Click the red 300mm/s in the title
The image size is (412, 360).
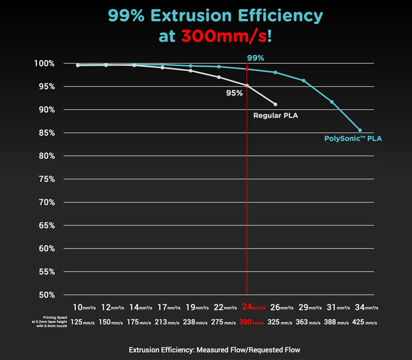(224, 36)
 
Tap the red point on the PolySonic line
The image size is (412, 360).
(247, 69)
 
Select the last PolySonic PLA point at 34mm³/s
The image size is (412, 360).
(360, 130)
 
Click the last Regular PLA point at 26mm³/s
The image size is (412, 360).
(275, 104)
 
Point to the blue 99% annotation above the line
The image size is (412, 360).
(255, 58)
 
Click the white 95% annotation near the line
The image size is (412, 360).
(235, 93)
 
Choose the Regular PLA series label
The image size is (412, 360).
(276, 116)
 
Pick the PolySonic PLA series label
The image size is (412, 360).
(353, 138)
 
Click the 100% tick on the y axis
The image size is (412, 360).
(44, 63)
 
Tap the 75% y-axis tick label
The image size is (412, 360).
(47, 179)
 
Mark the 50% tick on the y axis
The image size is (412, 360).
(47, 295)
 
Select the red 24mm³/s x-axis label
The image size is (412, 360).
(254, 307)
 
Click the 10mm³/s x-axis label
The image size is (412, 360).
(85, 307)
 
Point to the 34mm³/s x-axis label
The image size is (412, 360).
(366, 307)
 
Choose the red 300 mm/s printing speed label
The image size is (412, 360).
(252, 322)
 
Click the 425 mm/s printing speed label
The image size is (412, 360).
(364, 322)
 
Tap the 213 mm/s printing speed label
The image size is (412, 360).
(167, 322)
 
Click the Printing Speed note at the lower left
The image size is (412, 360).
(49, 322)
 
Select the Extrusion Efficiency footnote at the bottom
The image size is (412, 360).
(214, 350)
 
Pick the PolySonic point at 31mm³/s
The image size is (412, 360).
(332, 102)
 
